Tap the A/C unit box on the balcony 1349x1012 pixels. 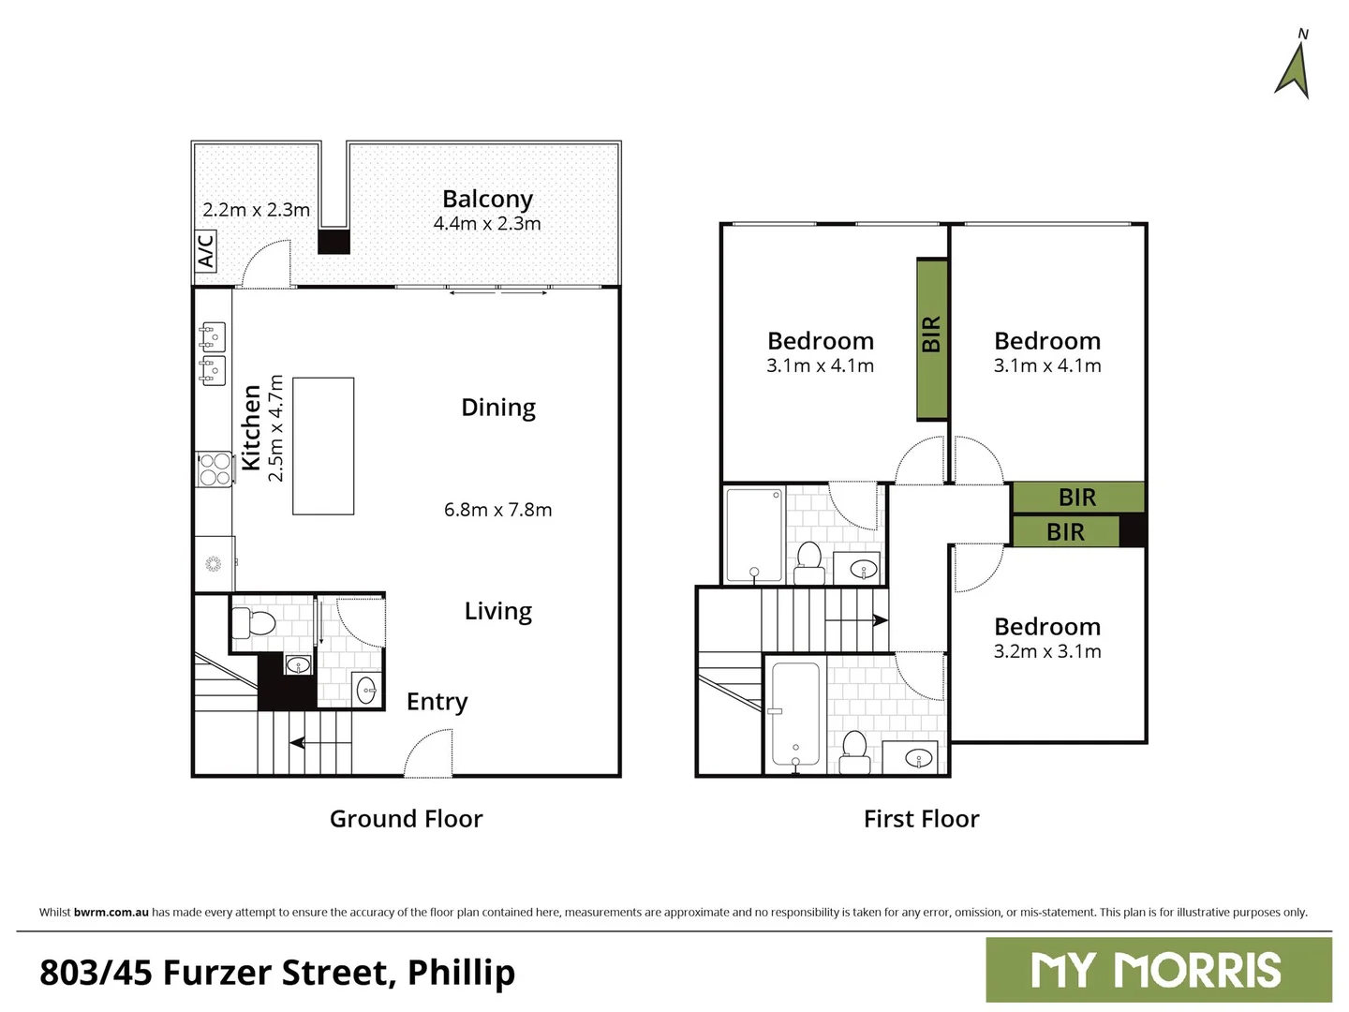[x=205, y=250]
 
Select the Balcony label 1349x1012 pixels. [x=487, y=199]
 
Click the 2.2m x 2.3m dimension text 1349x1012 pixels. [x=256, y=210]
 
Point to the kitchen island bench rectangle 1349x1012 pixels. [x=323, y=446]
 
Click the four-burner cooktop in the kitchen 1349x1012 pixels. [x=215, y=469]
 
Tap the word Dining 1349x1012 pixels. [x=498, y=408]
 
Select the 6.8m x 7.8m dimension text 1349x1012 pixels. [x=497, y=510]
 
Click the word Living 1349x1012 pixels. [x=497, y=611]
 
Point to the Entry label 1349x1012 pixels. [x=437, y=702]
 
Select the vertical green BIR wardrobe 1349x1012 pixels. [x=931, y=338]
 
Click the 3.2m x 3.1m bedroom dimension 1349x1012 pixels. [x=1047, y=651]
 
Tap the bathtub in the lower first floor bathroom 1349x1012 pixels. [x=795, y=714]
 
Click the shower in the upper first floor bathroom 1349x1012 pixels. [x=754, y=535]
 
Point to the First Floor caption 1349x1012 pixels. [x=921, y=819]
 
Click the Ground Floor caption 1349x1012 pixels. [x=406, y=819]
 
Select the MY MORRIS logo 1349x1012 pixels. [x=1158, y=971]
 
